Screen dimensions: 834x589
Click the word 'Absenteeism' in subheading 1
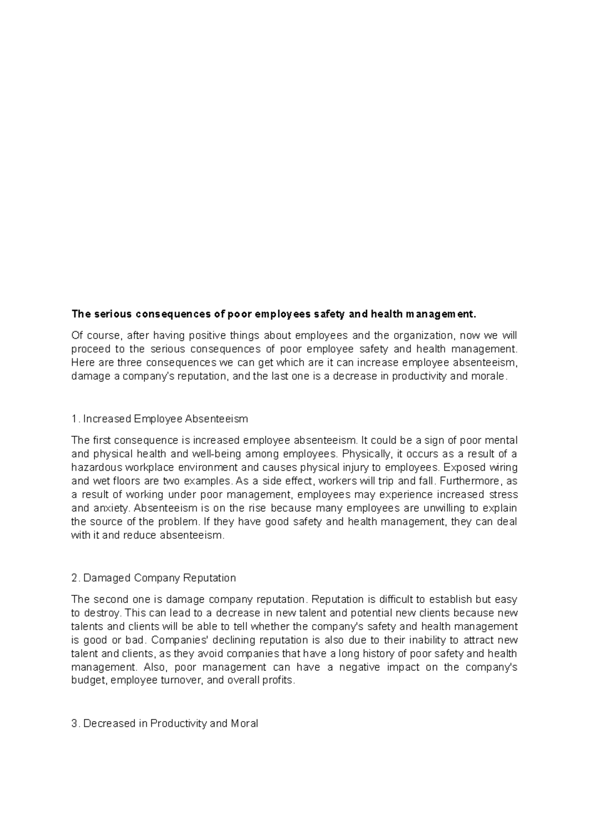point(220,419)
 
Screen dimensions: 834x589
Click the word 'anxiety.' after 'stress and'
point(112,508)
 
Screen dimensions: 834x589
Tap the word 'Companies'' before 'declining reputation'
point(173,640)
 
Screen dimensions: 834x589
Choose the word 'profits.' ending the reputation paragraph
point(279,681)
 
